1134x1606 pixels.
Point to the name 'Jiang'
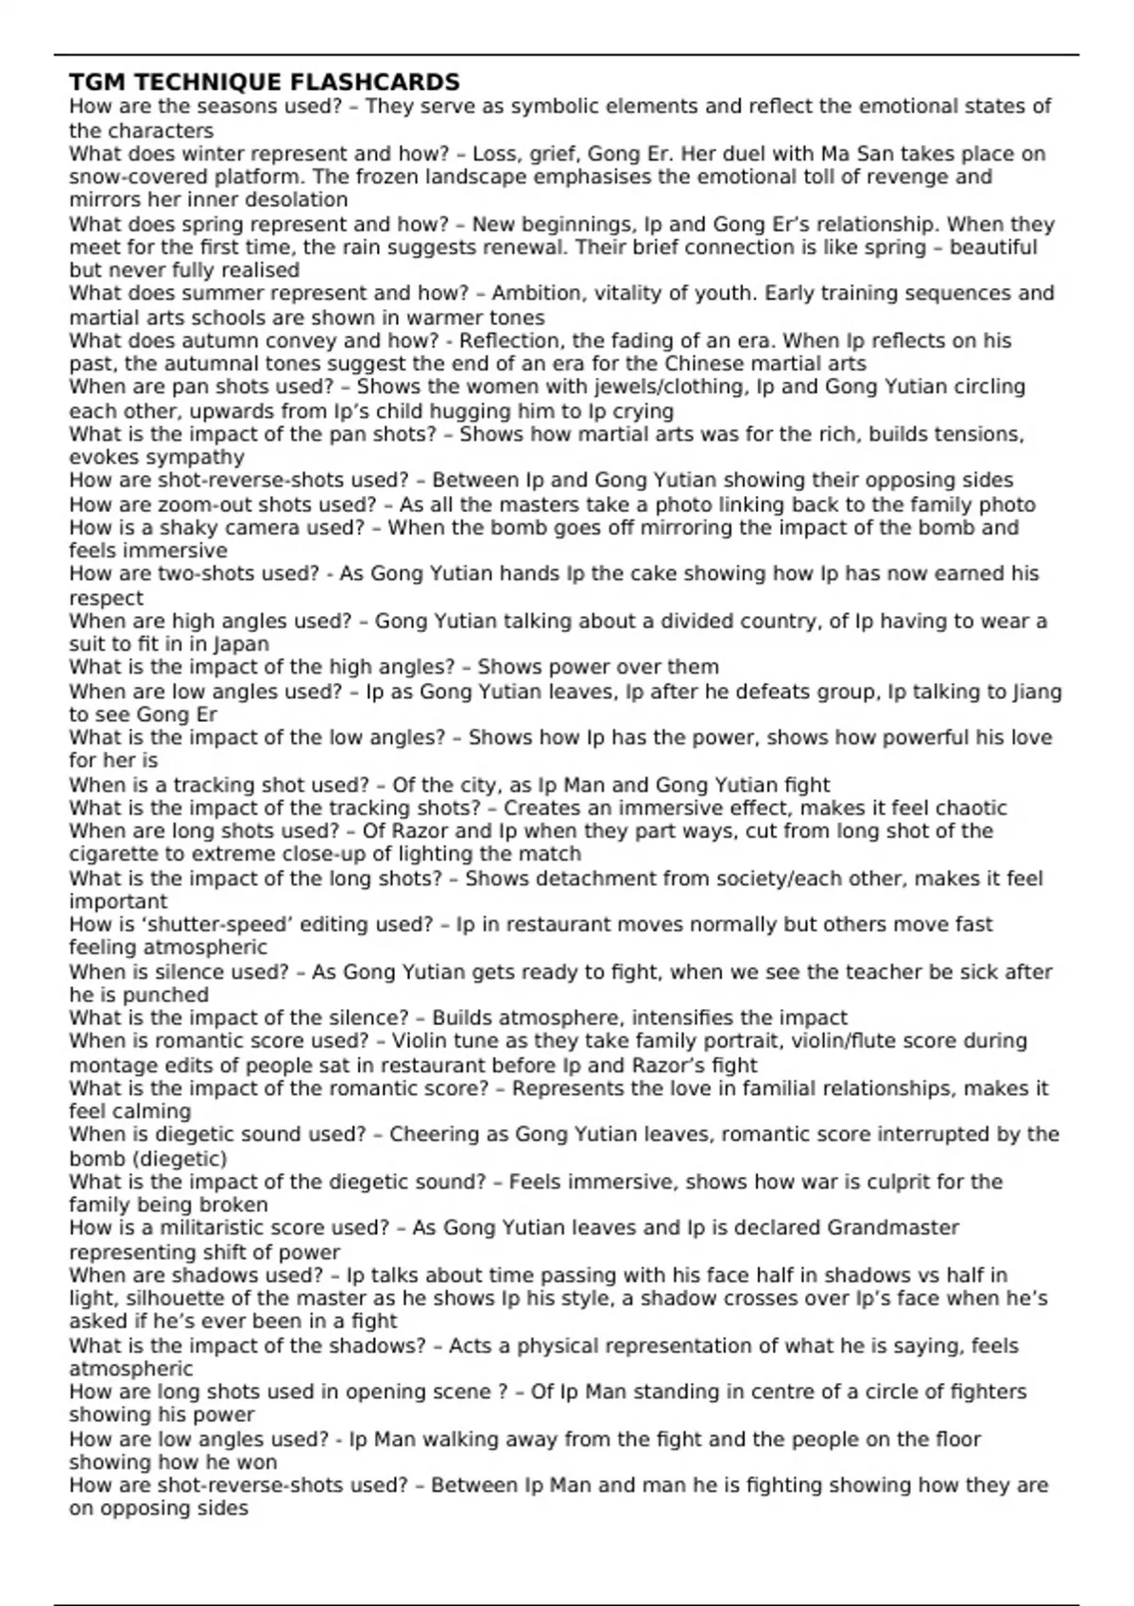[1037, 692]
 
